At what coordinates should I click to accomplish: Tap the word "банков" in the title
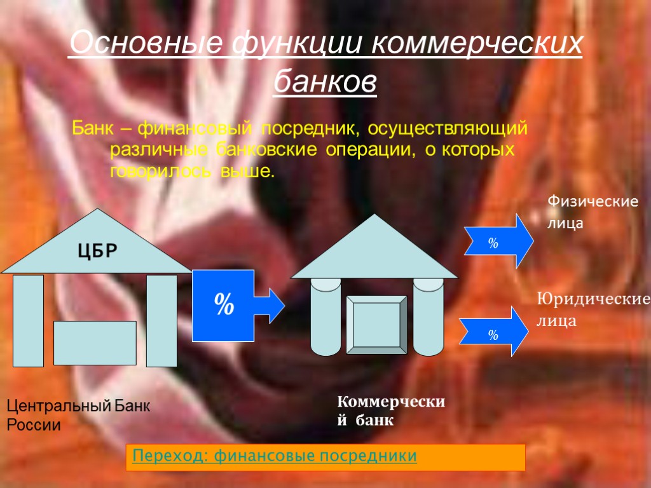325,82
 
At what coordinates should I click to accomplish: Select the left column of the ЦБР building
29,321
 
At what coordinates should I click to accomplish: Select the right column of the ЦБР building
161,321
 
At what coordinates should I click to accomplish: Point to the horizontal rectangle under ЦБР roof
95,343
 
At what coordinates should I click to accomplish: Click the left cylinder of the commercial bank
325,318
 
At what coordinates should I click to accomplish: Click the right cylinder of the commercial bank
428,318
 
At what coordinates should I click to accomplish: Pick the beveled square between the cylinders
376,325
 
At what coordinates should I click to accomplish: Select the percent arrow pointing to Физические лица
496,241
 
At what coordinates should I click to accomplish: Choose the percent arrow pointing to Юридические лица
496,332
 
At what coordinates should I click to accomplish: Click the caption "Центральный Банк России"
78,416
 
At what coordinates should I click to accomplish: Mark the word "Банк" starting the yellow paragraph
92,129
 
